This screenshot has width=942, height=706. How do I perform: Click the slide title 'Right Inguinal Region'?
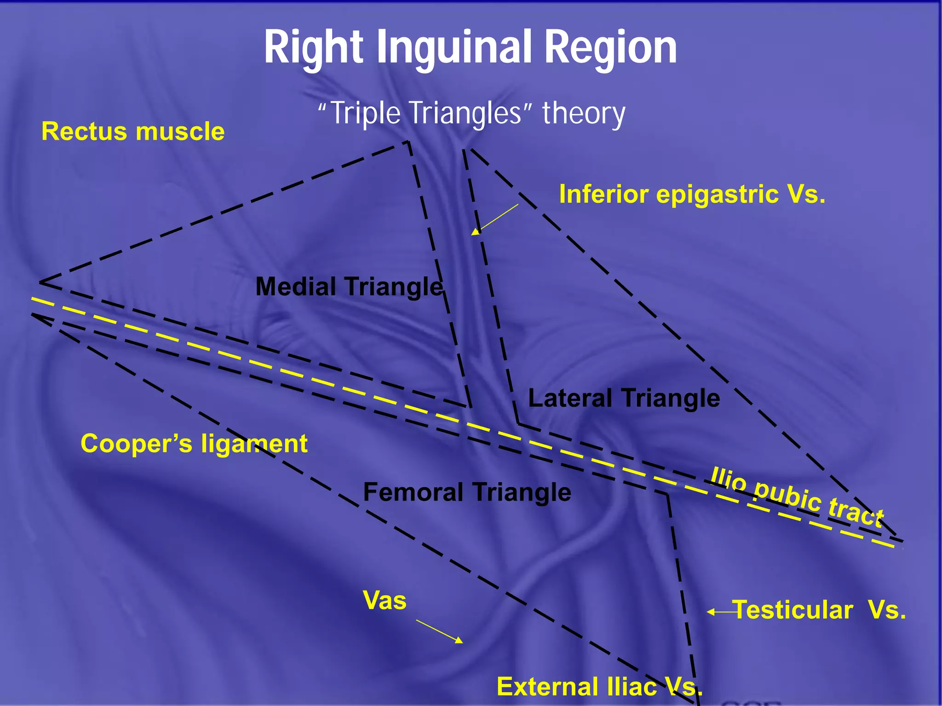click(x=470, y=47)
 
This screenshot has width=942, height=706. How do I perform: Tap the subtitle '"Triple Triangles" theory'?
click(x=471, y=113)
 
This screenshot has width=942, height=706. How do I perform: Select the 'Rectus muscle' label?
click(x=133, y=131)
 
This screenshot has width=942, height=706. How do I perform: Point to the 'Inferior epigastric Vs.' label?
click(x=692, y=194)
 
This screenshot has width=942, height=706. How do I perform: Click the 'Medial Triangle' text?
click(x=349, y=286)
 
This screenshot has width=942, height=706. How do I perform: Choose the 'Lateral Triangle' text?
click(x=624, y=398)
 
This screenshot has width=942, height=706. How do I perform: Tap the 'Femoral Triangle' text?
click(x=467, y=492)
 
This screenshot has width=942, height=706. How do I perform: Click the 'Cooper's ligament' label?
click(x=194, y=444)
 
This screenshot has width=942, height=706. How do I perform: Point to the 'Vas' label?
click(x=385, y=600)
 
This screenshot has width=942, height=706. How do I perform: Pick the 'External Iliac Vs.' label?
click(x=599, y=687)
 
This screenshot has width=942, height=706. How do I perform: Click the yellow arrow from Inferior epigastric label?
click(x=494, y=220)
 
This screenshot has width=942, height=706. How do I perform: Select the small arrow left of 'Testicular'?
click(x=720, y=612)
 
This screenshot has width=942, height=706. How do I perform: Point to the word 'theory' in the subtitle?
click(x=584, y=113)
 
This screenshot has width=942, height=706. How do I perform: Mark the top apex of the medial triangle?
click(x=408, y=142)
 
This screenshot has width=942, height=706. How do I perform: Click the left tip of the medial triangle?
click(x=40, y=282)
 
